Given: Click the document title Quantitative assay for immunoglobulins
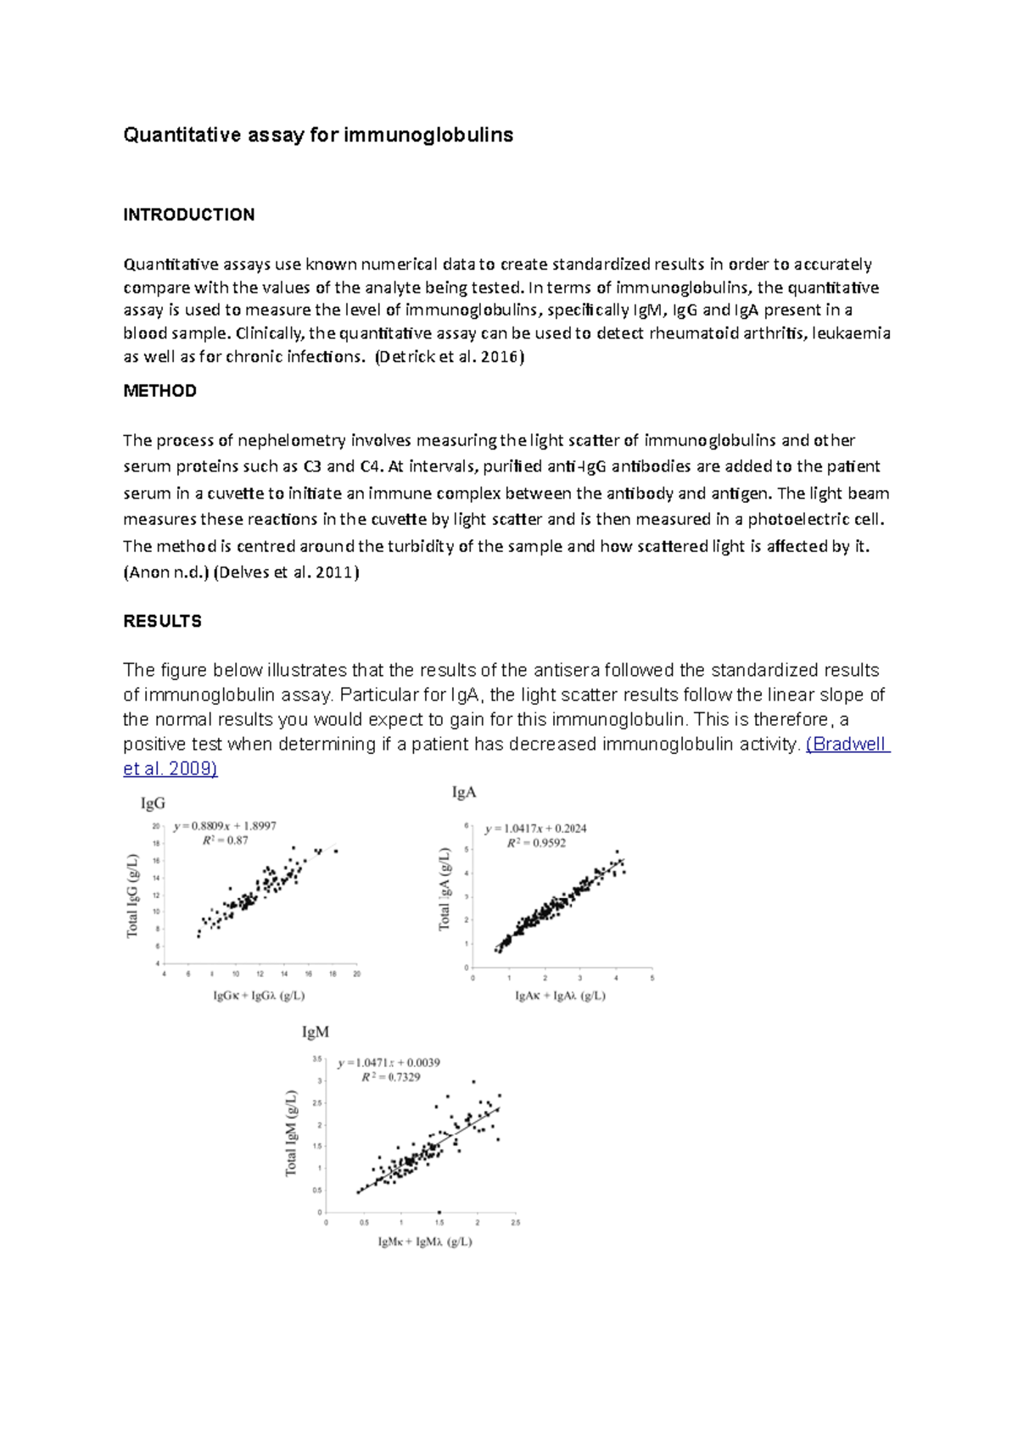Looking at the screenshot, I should pyautogui.click(x=318, y=135).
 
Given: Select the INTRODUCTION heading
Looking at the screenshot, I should pyautogui.click(x=188, y=215).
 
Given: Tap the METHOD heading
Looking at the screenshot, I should pyautogui.click(x=159, y=391).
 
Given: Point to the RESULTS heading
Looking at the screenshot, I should pyautogui.click(x=162, y=622).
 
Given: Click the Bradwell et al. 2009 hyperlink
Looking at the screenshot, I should pyautogui.click(x=847, y=745).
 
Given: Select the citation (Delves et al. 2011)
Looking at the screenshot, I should pyautogui.click(x=286, y=572).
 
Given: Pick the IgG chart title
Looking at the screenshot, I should pyautogui.click(x=153, y=803).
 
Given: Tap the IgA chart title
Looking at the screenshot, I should pyautogui.click(x=464, y=792).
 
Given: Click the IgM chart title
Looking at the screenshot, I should pyautogui.click(x=316, y=1032).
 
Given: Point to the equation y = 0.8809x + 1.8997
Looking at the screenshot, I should pyautogui.click(x=225, y=826).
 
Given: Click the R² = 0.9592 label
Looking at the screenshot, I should pyautogui.click(x=536, y=843).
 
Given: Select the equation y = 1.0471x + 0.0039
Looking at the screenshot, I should pyautogui.click(x=389, y=1063).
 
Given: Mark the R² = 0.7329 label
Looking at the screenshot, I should pyautogui.click(x=390, y=1077).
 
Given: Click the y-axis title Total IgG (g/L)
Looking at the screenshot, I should pyautogui.click(x=132, y=896).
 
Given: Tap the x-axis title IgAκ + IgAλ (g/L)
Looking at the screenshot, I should pyautogui.click(x=560, y=996).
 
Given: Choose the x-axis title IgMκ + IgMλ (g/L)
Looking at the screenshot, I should pyautogui.click(x=425, y=1242).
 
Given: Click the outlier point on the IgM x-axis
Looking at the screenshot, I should pyautogui.click(x=439, y=1212).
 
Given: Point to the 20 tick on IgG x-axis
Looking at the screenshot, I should pyautogui.click(x=356, y=974).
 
